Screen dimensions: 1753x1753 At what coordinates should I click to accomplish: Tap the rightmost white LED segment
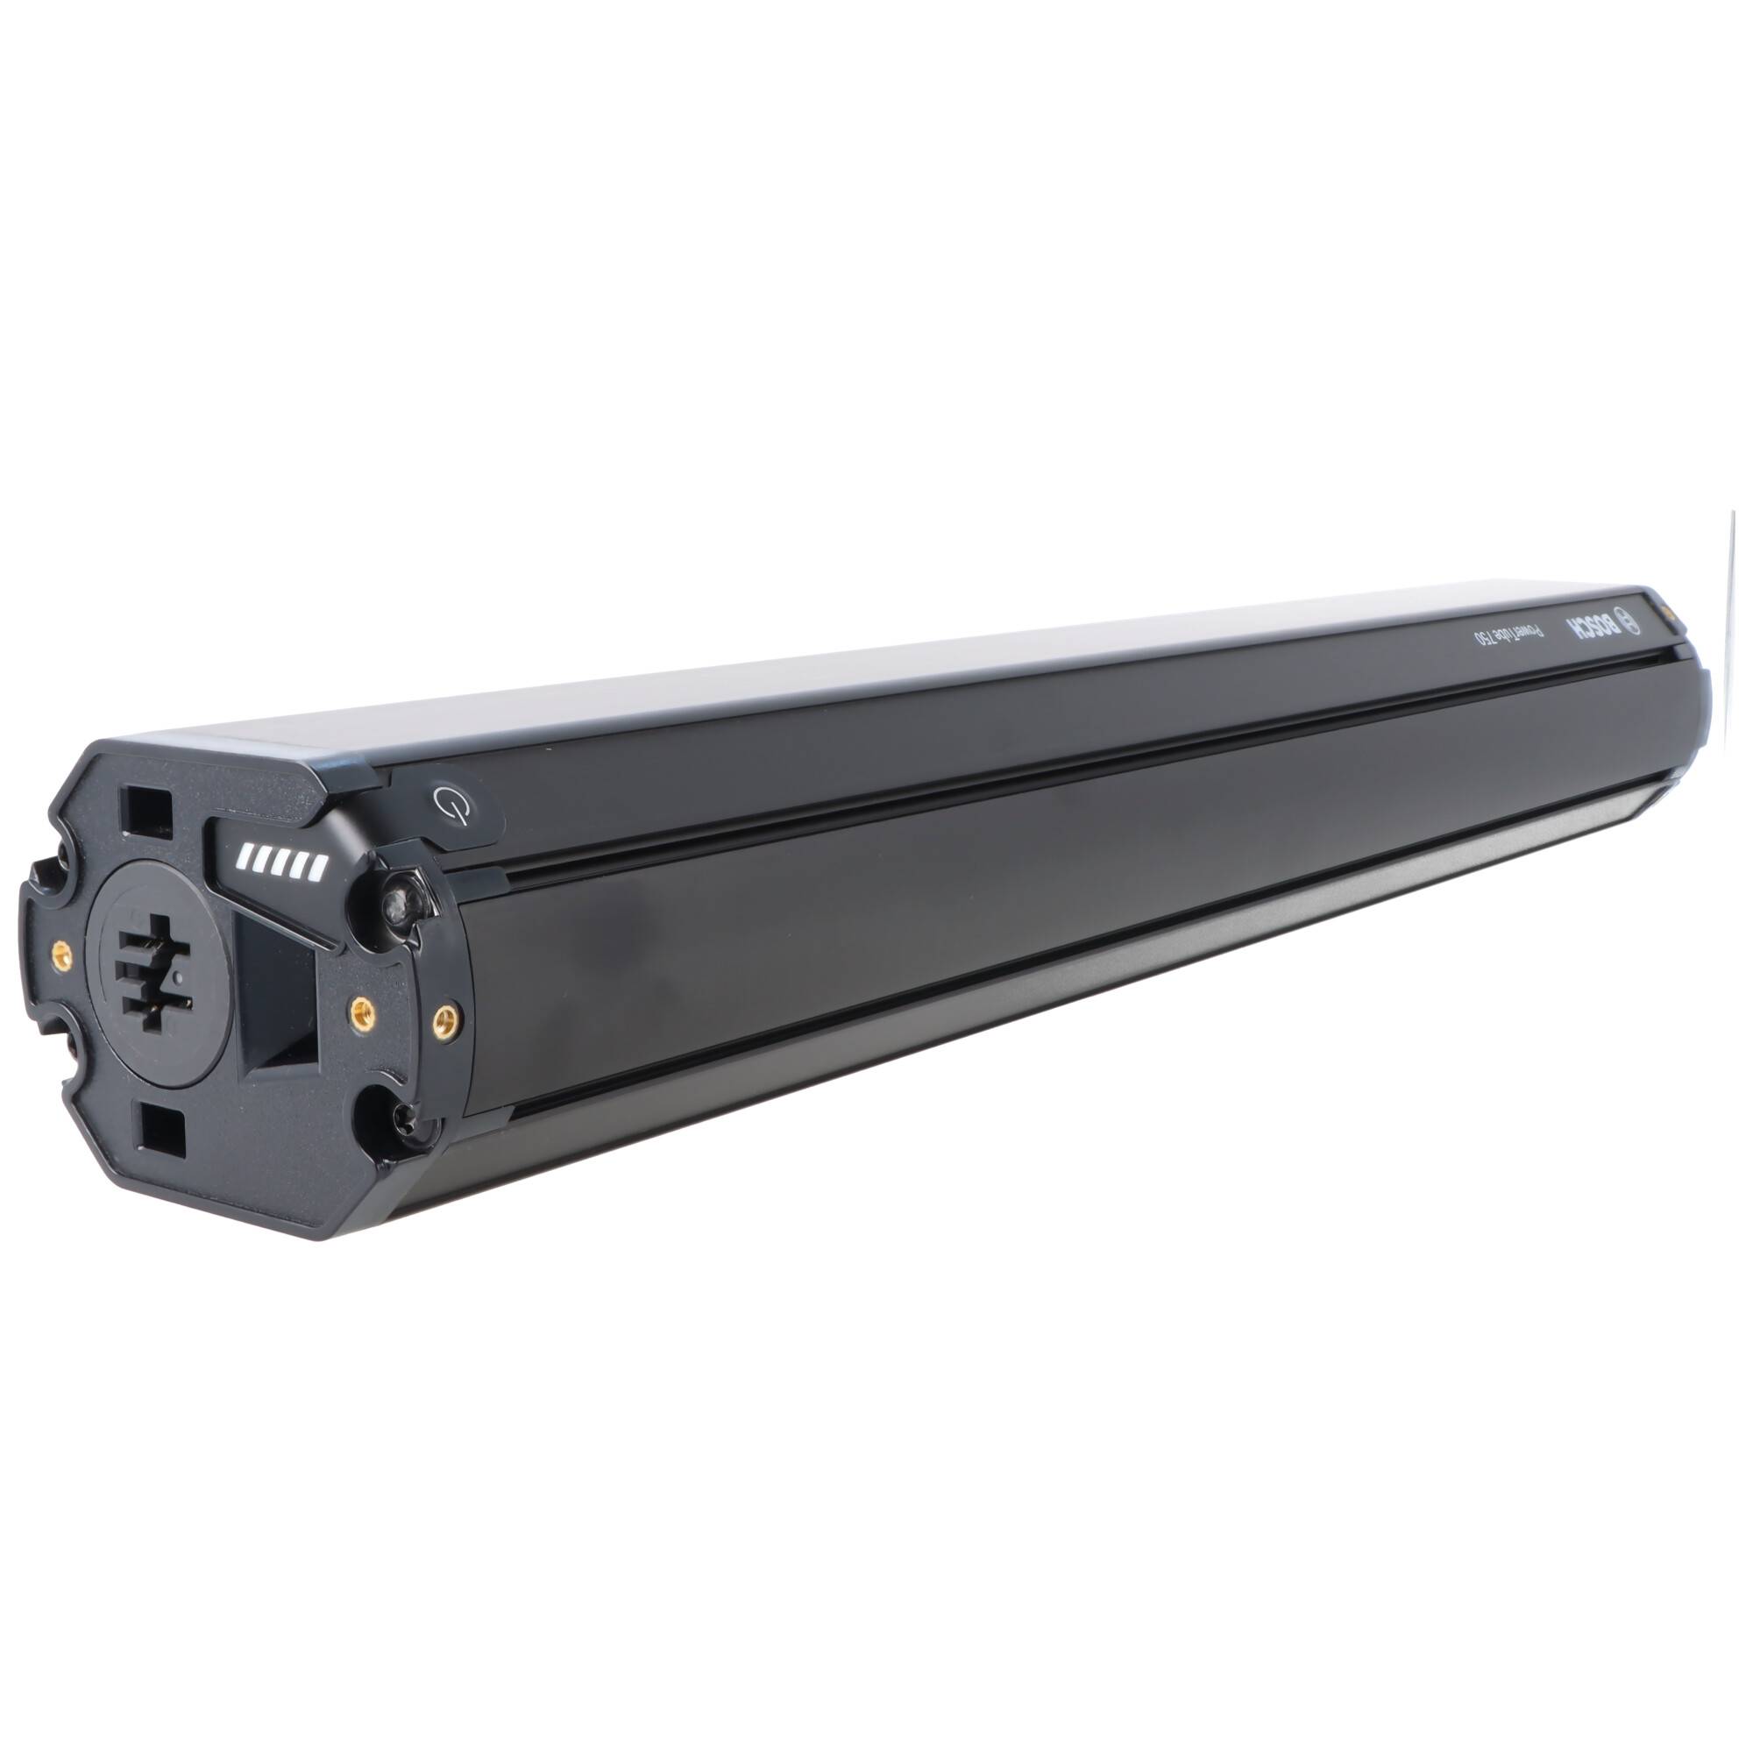click(x=316, y=871)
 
